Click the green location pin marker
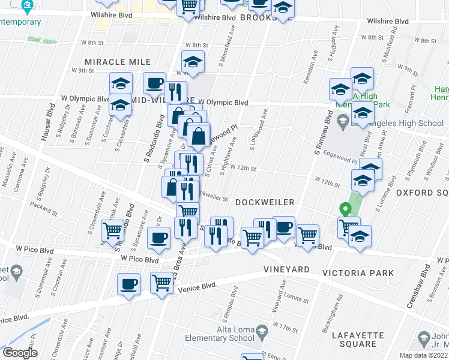click(x=345, y=210)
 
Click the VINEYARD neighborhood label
click(x=287, y=270)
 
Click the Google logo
click(x=19, y=352)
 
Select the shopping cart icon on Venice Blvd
click(x=161, y=282)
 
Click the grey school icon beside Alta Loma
click(x=262, y=331)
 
